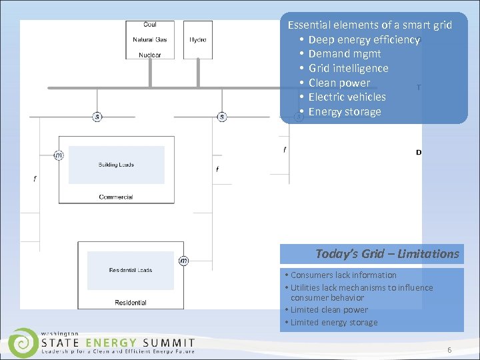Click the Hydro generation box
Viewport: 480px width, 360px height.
tap(198, 40)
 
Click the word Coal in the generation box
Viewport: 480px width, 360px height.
tap(150, 25)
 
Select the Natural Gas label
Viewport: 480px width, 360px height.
tap(150, 40)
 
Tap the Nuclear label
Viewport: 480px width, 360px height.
tap(150, 55)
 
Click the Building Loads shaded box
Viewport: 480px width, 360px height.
tap(116, 165)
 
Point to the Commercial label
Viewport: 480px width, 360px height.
tap(116, 197)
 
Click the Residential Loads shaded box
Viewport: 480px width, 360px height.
tap(131, 270)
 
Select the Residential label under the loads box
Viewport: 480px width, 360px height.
tap(131, 303)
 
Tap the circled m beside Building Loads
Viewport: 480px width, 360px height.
tap(59, 155)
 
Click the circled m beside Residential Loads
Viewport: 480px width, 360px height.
tap(183, 261)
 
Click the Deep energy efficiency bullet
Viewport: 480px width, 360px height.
tap(363, 39)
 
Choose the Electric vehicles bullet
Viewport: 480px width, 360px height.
tap(347, 97)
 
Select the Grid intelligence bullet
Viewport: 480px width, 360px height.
tap(348, 68)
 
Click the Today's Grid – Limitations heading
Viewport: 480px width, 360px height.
tap(387, 253)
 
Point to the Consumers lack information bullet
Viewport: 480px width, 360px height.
tap(343, 275)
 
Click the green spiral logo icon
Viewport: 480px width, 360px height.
tap(24, 342)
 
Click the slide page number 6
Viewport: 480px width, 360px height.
tap(449, 350)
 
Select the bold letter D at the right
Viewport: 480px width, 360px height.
tap(419, 153)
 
